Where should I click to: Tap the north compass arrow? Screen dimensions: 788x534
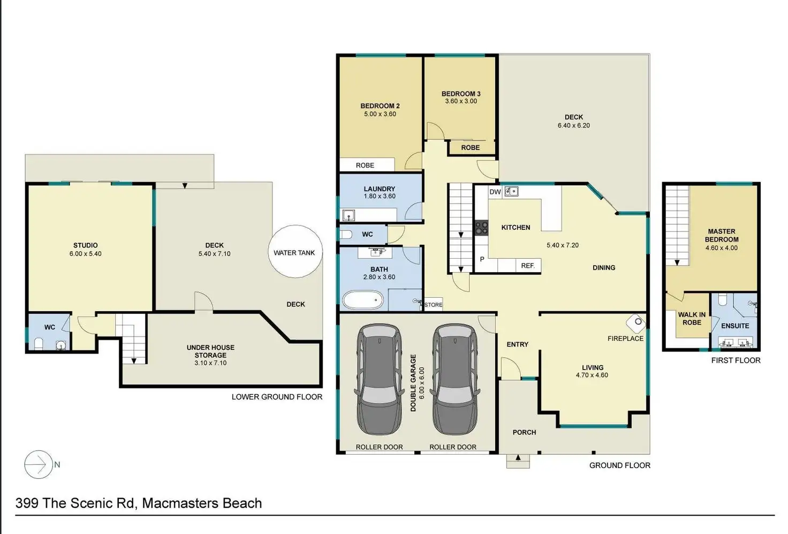[x=38, y=464]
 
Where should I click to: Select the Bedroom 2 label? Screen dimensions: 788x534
[x=380, y=106]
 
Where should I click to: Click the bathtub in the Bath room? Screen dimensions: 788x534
[x=363, y=300]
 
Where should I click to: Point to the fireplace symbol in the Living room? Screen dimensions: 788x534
[x=637, y=323]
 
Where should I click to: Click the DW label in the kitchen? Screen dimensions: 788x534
[x=495, y=192]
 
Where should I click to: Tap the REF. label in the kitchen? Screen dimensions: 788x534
[x=528, y=266]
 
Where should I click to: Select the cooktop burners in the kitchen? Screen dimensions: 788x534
[x=482, y=228]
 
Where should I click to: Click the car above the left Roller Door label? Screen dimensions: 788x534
[x=379, y=379]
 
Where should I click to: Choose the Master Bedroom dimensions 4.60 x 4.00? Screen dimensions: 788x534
[x=722, y=248]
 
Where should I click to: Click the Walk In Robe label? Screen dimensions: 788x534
[x=692, y=319]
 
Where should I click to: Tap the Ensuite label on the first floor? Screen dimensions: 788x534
[x=735, y=326]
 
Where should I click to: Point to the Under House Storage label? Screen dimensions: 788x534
[x=210, y=351]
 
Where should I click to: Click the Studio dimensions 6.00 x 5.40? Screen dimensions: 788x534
[x=86, y=254]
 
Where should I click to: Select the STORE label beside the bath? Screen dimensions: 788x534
[x=434, y=305]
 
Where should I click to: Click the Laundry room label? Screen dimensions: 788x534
[x=379, y=189]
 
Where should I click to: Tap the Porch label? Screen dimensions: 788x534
[x=524, y=432]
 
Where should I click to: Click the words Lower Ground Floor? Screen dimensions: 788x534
[x=277, y=397]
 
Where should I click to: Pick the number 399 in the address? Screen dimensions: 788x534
[x=27, y=503]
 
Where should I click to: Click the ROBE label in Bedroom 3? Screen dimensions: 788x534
[x=471, y=147]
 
